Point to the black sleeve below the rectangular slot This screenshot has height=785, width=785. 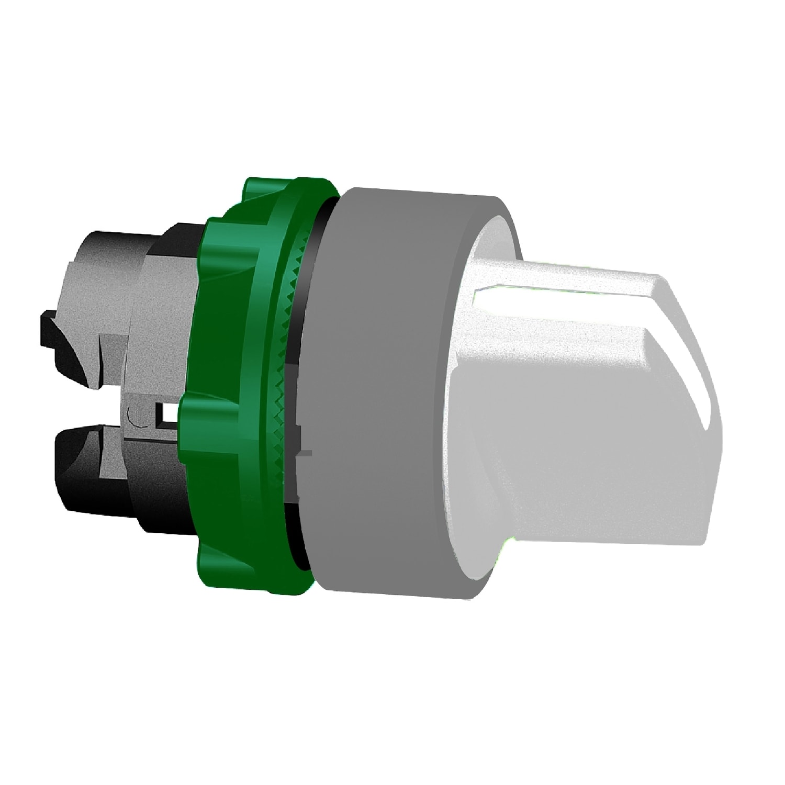[x=152, y=492]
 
